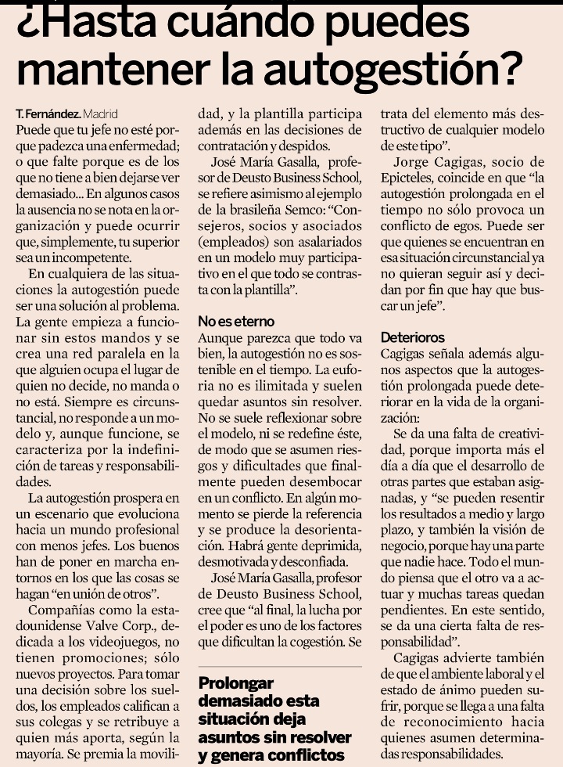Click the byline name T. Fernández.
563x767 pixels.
48,113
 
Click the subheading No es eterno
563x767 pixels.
235,322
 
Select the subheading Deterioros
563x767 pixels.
413,337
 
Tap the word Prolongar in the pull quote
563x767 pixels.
234,682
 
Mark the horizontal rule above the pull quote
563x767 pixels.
280,666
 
